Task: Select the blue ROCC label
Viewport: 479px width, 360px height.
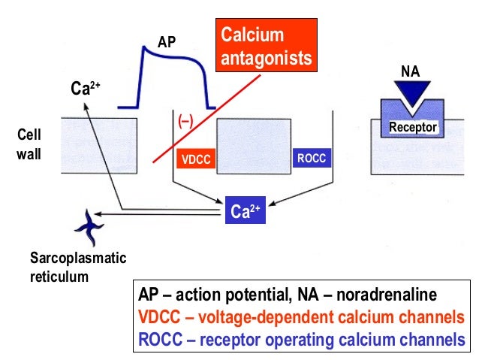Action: coord(311,159)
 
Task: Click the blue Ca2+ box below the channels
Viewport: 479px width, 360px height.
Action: coord(245,210)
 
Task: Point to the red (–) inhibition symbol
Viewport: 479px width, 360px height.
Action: coord(185,121)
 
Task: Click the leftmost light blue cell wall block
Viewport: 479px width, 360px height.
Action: coord(98,143)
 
